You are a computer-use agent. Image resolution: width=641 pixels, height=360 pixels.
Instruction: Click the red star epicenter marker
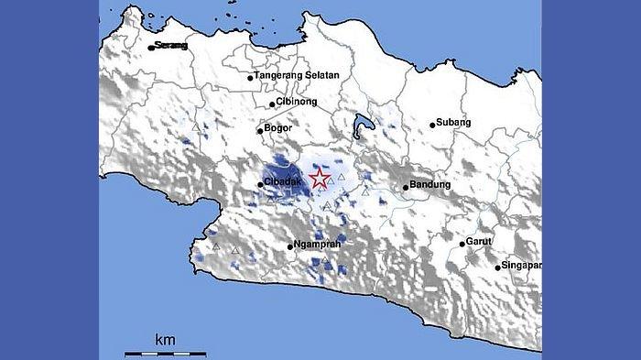[319, 178]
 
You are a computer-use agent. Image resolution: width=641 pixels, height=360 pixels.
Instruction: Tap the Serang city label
[170, 45]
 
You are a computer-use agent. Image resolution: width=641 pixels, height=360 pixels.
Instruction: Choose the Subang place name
[455, 123]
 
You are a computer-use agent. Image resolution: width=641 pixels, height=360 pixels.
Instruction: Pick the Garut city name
[479, 241]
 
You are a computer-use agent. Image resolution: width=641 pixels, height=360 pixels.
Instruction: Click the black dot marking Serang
[152, 48]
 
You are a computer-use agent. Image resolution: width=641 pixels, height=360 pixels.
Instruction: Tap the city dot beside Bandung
[406, 188]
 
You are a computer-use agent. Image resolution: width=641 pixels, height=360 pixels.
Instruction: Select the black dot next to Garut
[462, 244]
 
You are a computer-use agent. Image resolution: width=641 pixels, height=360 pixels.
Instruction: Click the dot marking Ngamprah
[289, 247]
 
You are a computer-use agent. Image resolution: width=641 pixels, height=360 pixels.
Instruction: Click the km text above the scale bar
[165, 340]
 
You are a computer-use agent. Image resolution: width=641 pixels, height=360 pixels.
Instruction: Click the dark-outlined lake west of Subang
[363, 124]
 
